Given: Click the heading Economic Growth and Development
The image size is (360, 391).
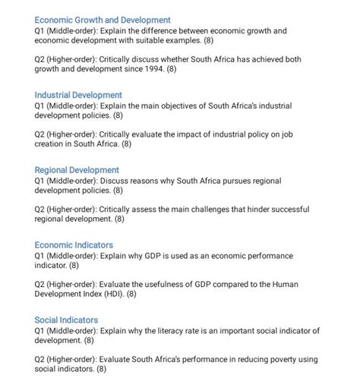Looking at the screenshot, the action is (103, 19).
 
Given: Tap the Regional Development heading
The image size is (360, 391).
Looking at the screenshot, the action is (77, 169).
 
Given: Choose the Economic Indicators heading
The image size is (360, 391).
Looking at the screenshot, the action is (74, 244).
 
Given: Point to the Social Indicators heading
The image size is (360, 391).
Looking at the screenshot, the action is (68, 320).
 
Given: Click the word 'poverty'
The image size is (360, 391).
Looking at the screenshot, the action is (274, 358).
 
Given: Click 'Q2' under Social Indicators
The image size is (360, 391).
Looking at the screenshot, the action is (43, 358).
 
